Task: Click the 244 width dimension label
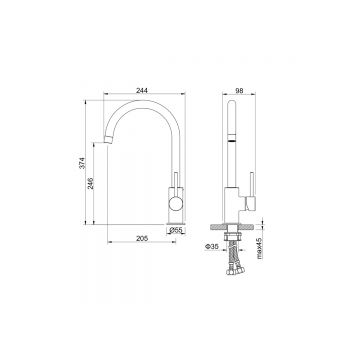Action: point(142,90)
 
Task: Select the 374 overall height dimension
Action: point(82,163)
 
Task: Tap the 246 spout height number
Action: point(90,184)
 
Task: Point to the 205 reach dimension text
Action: point(142,238)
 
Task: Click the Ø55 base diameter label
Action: point(176,230)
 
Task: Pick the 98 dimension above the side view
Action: point(239,90)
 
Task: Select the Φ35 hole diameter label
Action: point(212,247)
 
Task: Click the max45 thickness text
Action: point(260,249)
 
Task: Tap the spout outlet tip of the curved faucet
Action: point(107,139)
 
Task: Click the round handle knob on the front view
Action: point(176,203)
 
